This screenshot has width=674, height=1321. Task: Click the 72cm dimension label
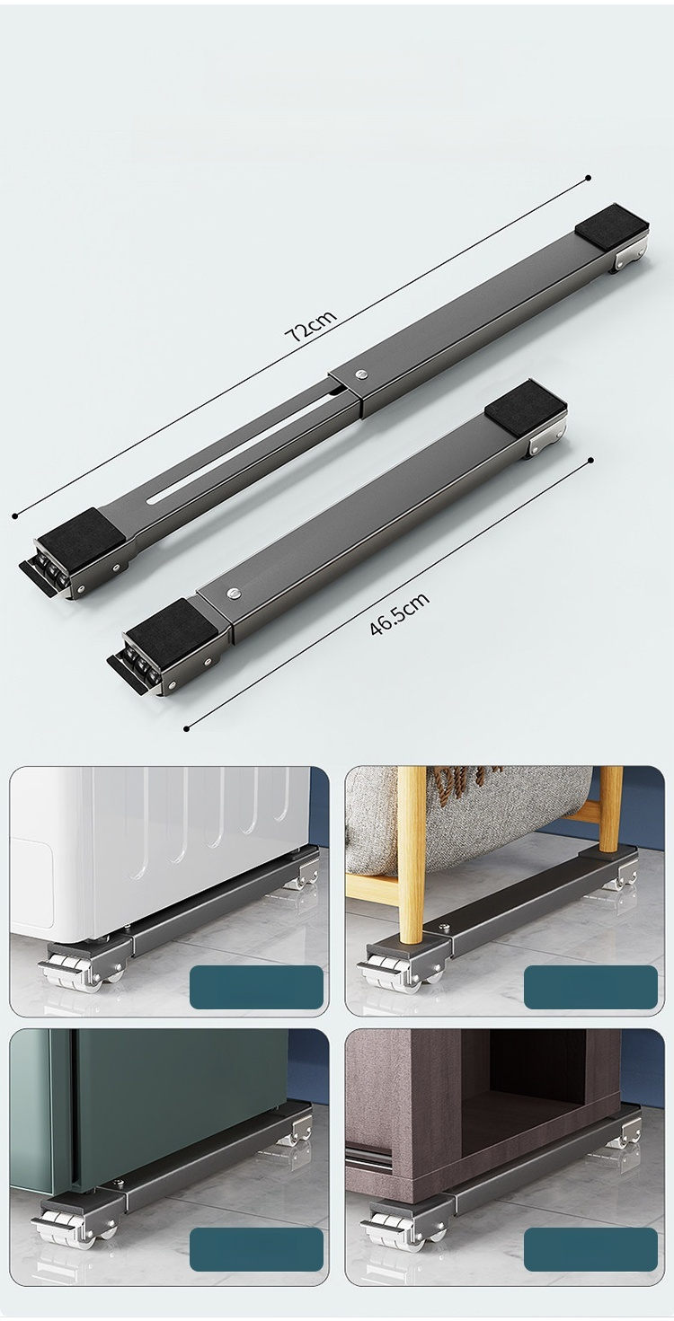pos(311,324)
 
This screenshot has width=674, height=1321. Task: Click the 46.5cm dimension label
pos(400,614)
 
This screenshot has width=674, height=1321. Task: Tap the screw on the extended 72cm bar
pos(360,374)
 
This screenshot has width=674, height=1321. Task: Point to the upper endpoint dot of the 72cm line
pos(588,178)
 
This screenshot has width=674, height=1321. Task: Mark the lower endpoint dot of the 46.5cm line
pos(186,729)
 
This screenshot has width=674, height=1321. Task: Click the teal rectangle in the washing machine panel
pos(256,987)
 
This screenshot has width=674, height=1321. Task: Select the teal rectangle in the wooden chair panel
pos(590,987)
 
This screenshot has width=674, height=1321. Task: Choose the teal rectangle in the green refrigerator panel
pos(256,1250)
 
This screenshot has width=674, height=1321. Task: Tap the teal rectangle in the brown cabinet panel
pos(590,1250)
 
